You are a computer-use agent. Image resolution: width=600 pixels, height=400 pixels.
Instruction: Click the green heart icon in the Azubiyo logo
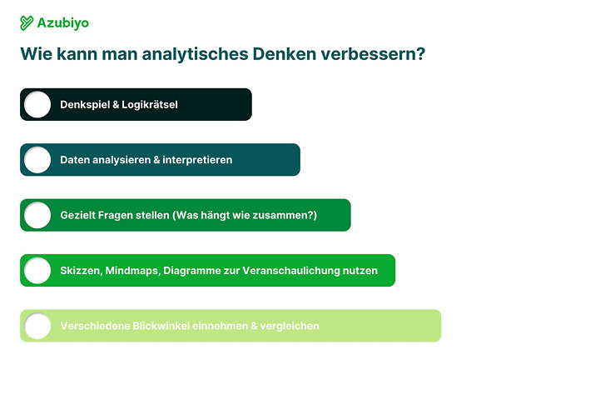[x=27, y=23]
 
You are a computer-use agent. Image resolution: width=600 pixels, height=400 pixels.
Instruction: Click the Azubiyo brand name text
[x=63, y=23]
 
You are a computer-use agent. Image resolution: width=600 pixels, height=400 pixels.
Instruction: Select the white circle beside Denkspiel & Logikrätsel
[x=37, y=105]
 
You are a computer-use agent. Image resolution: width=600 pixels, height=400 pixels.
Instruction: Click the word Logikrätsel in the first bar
[x=150, y=105]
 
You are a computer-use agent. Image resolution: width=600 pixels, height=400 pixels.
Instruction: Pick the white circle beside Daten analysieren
[x=37, y=160]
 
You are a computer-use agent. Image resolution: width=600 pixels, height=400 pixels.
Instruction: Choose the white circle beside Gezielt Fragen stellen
[x=37, y=215]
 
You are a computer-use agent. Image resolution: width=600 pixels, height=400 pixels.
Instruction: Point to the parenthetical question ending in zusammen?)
[x=245, y=215]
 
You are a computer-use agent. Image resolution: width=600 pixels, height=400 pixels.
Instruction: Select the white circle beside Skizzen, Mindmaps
[x=37, y=271]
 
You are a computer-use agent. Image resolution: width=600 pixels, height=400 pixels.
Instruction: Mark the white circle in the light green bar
[x=37, y=326]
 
